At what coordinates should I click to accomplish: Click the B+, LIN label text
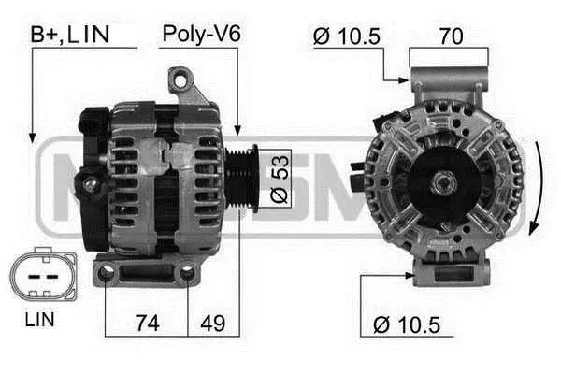[70, 35]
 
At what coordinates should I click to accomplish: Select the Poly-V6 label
[201, 35]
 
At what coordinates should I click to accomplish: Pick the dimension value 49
[212, 324]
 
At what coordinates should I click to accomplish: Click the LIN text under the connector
[39, 320]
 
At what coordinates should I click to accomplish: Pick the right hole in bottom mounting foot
[187, 273]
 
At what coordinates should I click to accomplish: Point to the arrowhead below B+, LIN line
[32, 138]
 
